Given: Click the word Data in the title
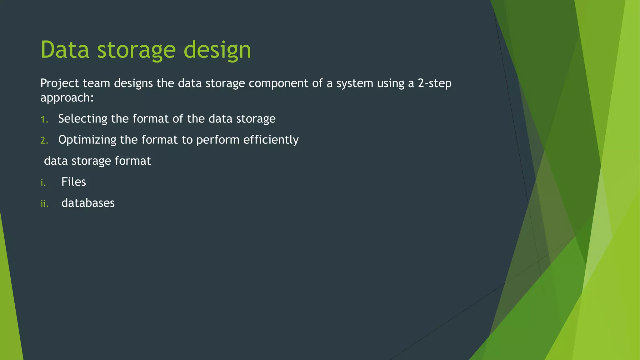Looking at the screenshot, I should pos(65,50).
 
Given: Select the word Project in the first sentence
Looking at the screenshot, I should pos(60,84).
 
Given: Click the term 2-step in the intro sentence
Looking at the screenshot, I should pos(434,84).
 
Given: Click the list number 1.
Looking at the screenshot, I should pos(44,119).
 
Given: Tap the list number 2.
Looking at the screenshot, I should pos(44,141).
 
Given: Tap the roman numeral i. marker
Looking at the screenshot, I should pos(43,182).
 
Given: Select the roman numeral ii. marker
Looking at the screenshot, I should pos(44,204).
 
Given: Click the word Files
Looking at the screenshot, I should pos(73,182).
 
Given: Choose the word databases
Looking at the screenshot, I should pos(88,203).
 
